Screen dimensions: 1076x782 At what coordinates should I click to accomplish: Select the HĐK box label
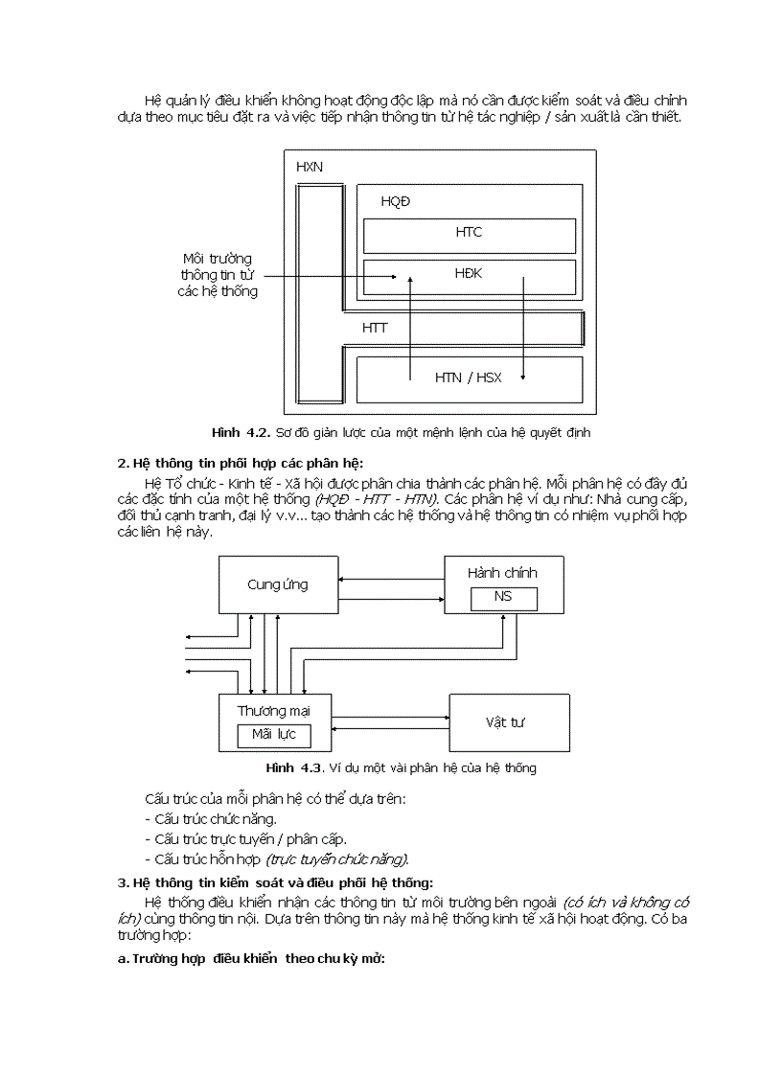click(x=469, y=274)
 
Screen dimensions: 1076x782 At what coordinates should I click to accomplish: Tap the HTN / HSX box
click(x=469, y=378)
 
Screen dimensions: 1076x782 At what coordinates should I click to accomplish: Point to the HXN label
click(x=309, y=166)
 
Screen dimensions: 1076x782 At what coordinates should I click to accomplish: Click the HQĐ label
click(x=396, y=201)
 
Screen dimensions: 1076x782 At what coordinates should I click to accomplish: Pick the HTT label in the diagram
click(x=375, y=328)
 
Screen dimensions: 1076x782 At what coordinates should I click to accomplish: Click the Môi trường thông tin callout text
click(x=218, y=275)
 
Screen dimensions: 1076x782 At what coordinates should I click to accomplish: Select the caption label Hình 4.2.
click(x=242, y=432)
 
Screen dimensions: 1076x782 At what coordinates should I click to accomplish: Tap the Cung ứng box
click(x=278, y=584)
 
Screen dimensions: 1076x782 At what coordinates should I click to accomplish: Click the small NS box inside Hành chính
click(x=503, y=598)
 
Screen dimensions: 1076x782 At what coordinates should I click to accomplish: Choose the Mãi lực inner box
click(x=274, y=736)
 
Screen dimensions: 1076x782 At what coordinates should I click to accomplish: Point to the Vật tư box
click(x=509, y=722)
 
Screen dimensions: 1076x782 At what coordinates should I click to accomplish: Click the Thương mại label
click(x=273, y=710)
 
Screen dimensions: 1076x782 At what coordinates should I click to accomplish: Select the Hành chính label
click(x=502, y=573)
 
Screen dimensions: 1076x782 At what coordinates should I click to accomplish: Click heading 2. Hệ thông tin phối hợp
click(x=235, y=463)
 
